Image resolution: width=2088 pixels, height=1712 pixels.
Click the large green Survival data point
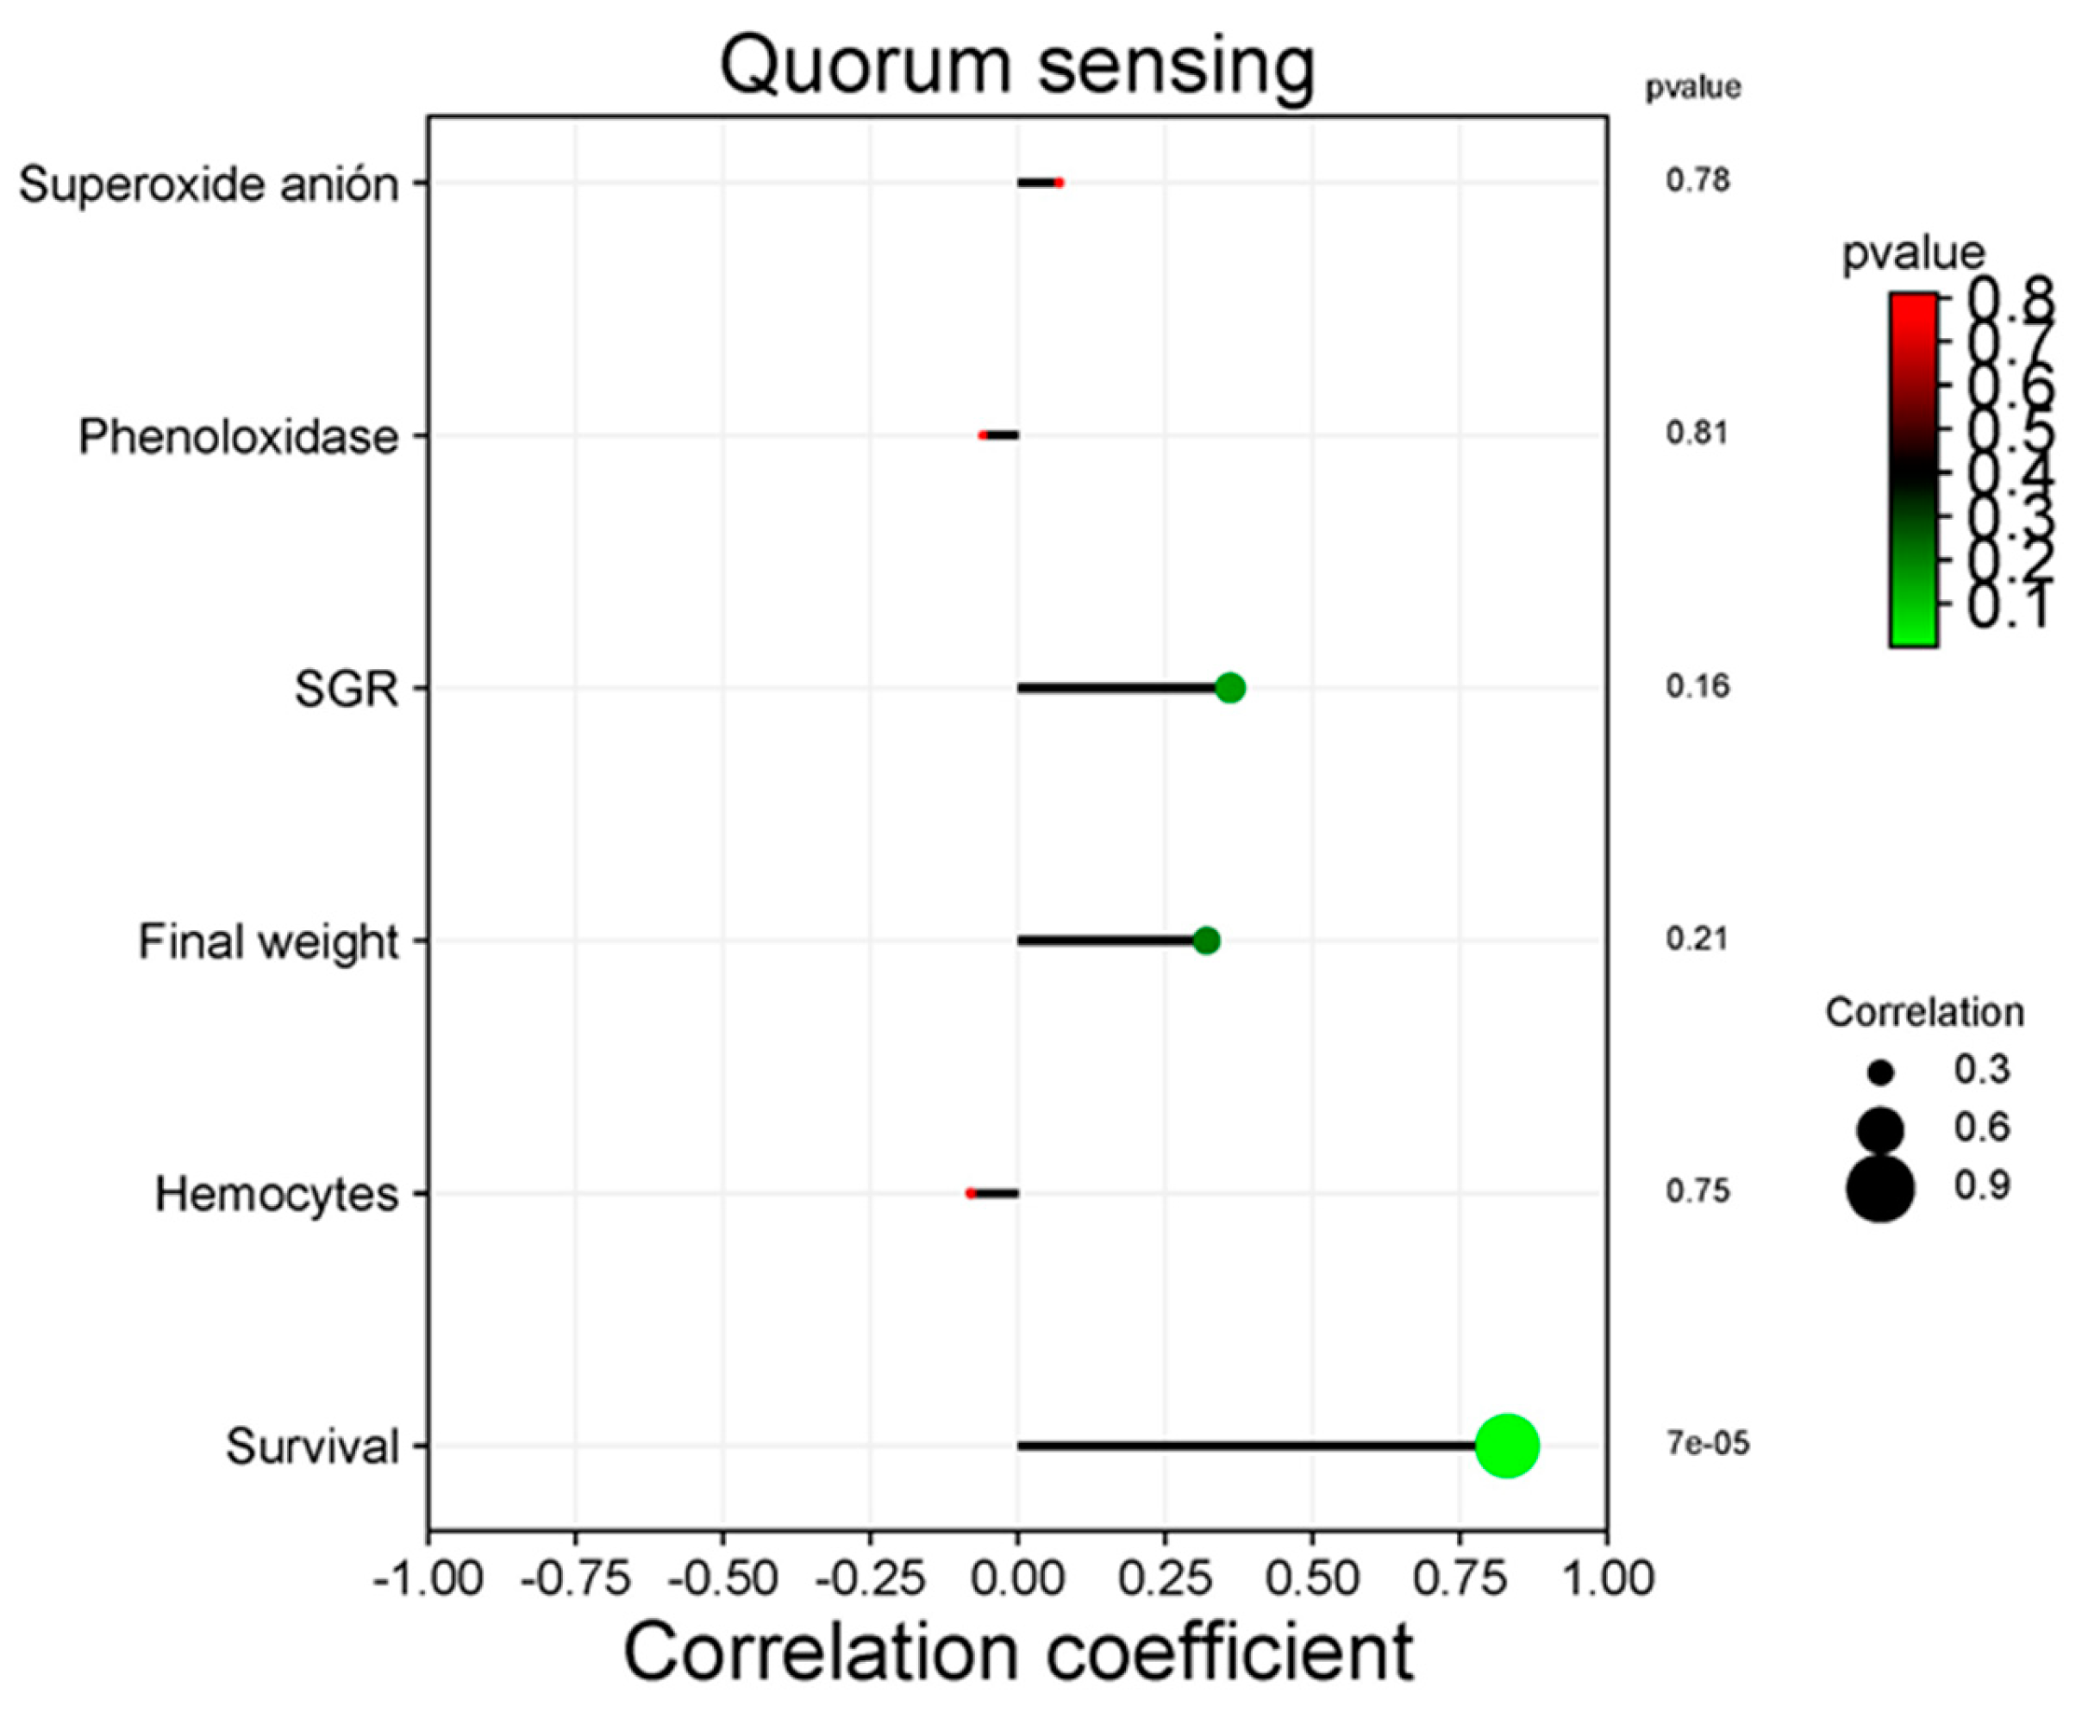click(1506, 1446)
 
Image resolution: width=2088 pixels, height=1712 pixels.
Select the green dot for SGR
click(1229, 687)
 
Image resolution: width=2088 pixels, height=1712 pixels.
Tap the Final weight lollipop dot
click(1205, 940)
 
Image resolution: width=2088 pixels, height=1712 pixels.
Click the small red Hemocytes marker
click(971, 1193)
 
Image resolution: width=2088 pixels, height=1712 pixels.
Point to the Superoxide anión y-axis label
click(209, 184)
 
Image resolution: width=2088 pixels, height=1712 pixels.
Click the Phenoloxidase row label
click(239, 437)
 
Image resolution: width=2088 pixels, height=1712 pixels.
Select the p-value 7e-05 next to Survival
click(1707, 1444)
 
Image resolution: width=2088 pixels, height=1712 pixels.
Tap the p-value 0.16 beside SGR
click(1697, 686)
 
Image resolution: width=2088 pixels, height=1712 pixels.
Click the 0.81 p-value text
click(1697, 433)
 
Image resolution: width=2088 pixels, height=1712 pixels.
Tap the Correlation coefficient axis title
click(1017, 1653)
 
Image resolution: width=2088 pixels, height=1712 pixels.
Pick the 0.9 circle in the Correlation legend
click(1880, 1190)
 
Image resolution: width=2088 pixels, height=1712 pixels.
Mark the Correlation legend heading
click(1923, 1013)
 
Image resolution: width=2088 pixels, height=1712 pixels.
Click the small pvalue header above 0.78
click(1692, 89)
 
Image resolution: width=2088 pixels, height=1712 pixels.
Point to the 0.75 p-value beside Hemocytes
click(1697, 1191)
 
